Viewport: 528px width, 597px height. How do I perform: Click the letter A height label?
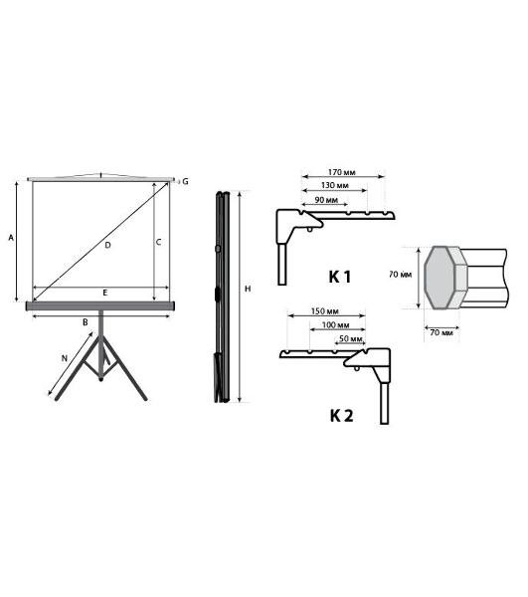click(x=11, y=239)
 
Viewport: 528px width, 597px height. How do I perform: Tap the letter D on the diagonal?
click(x=106, y=244)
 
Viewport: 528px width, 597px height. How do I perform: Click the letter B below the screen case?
click(x=87, y=322)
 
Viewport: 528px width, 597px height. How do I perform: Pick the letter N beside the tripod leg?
click(x=65, y=355)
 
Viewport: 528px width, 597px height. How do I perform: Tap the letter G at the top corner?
click(x=184, y=182)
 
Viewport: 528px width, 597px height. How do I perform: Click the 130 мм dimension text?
click(x=335, y=186)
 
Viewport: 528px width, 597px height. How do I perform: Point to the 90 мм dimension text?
click(x=325, y=200)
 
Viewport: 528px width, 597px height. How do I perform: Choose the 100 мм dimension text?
click(x=335, y=325)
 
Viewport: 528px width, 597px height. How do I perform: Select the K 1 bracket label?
click(x=340, y=276)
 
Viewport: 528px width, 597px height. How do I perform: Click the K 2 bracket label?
click(x=341, y=417)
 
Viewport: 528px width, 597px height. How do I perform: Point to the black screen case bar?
click(x=100, y=305)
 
